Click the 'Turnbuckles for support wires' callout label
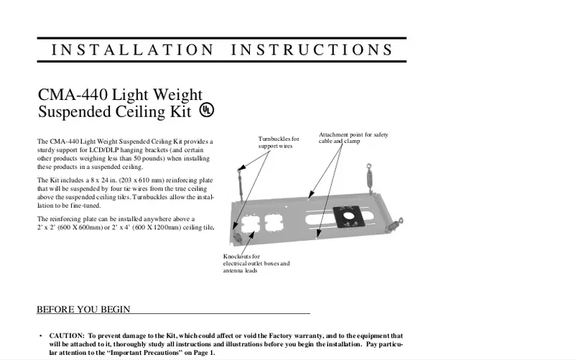tap(279, 142)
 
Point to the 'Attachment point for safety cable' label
tap(354, 138)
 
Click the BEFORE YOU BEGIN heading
tap(83, 310)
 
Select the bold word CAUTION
tap(67, 336)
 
